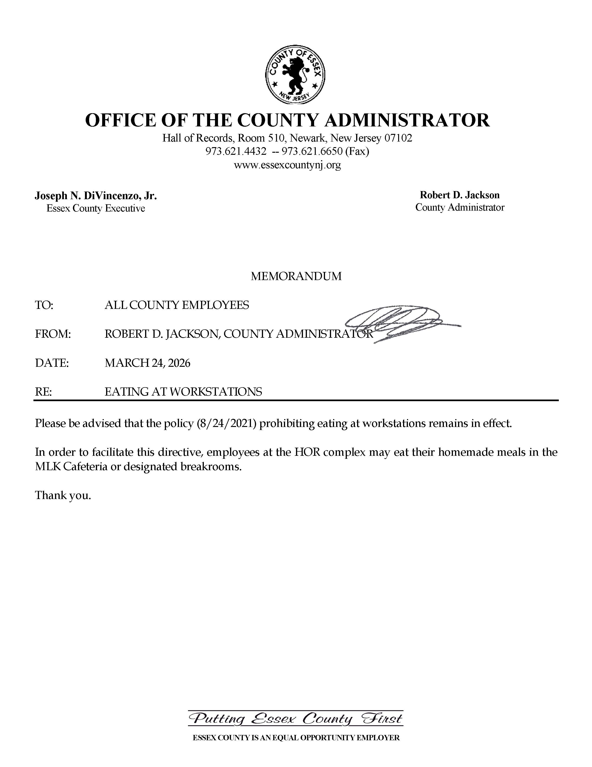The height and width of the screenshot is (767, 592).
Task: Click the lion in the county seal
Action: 295,74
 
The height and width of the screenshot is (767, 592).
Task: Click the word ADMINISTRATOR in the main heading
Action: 407,120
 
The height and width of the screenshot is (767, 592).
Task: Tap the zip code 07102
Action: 398,138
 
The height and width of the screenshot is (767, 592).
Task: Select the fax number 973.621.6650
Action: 312,151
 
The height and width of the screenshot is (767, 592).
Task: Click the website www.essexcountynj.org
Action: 287,165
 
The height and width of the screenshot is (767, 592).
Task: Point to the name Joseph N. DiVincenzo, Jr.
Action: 96,196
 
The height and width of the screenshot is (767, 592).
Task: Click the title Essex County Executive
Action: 96,208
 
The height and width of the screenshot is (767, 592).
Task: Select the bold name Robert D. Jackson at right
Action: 459,195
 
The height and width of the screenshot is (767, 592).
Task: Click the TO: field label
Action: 44,305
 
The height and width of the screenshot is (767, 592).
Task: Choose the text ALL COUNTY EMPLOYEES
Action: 177,305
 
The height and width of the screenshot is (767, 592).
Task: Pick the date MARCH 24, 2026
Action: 147,363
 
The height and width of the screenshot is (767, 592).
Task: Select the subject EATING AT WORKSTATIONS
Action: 183,392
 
